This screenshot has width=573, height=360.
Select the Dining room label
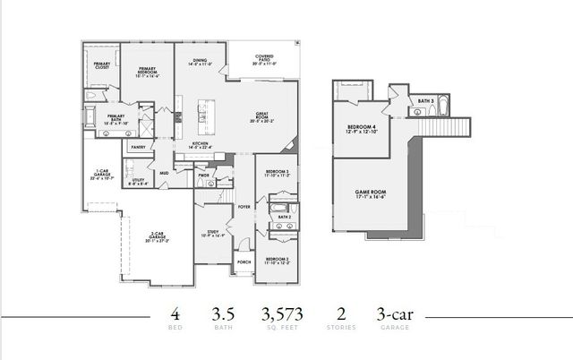point(200,63)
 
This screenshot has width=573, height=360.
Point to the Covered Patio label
point(263,62)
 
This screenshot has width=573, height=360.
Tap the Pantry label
point(138,146)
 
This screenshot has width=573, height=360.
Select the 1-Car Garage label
point(101,174)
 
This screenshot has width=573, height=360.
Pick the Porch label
point(243,262)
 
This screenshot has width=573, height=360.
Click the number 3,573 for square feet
point(282,313)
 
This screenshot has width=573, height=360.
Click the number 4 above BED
point(175,313)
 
